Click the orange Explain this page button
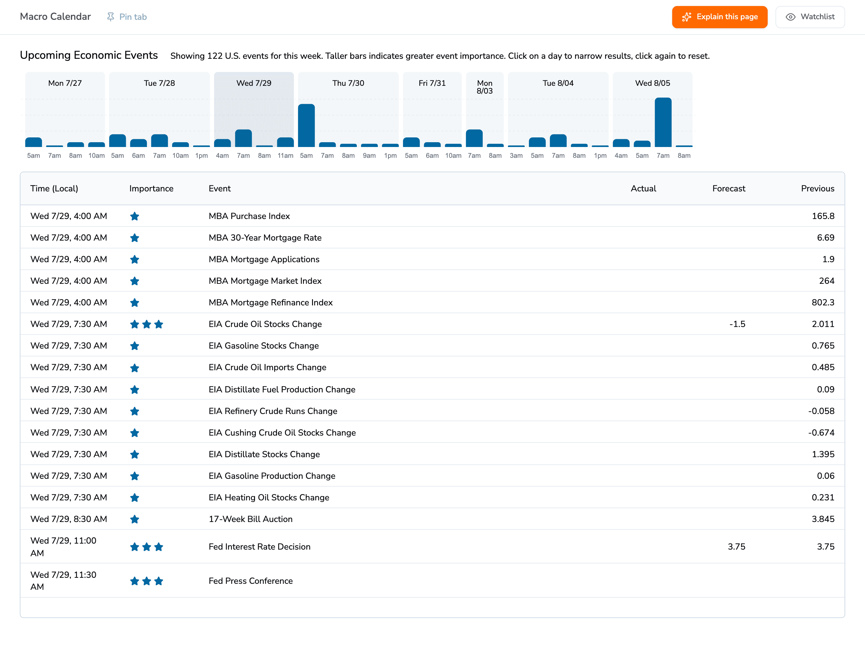click(720, 17)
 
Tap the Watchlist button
click(810, 17)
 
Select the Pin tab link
click(127, 17)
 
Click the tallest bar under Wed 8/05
click(663, 122)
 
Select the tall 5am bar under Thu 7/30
click(306, 125)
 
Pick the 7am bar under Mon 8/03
click(474, 138)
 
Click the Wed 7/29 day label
click(254, 83)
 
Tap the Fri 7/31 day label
click(432, 83)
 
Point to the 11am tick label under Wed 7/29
click(285, 155)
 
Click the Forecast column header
click(729, 189)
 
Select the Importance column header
click(151, 189)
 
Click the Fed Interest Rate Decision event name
click(259, 547)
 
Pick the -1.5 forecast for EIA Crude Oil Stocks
click(737, 324)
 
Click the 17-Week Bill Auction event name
click(250, 519)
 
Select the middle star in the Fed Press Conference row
click(147, 581)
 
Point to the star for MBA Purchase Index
click(135, 216)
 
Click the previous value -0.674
click(821, 433)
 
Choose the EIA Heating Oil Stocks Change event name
click(269, 497)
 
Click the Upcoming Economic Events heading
click(89, 55)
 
